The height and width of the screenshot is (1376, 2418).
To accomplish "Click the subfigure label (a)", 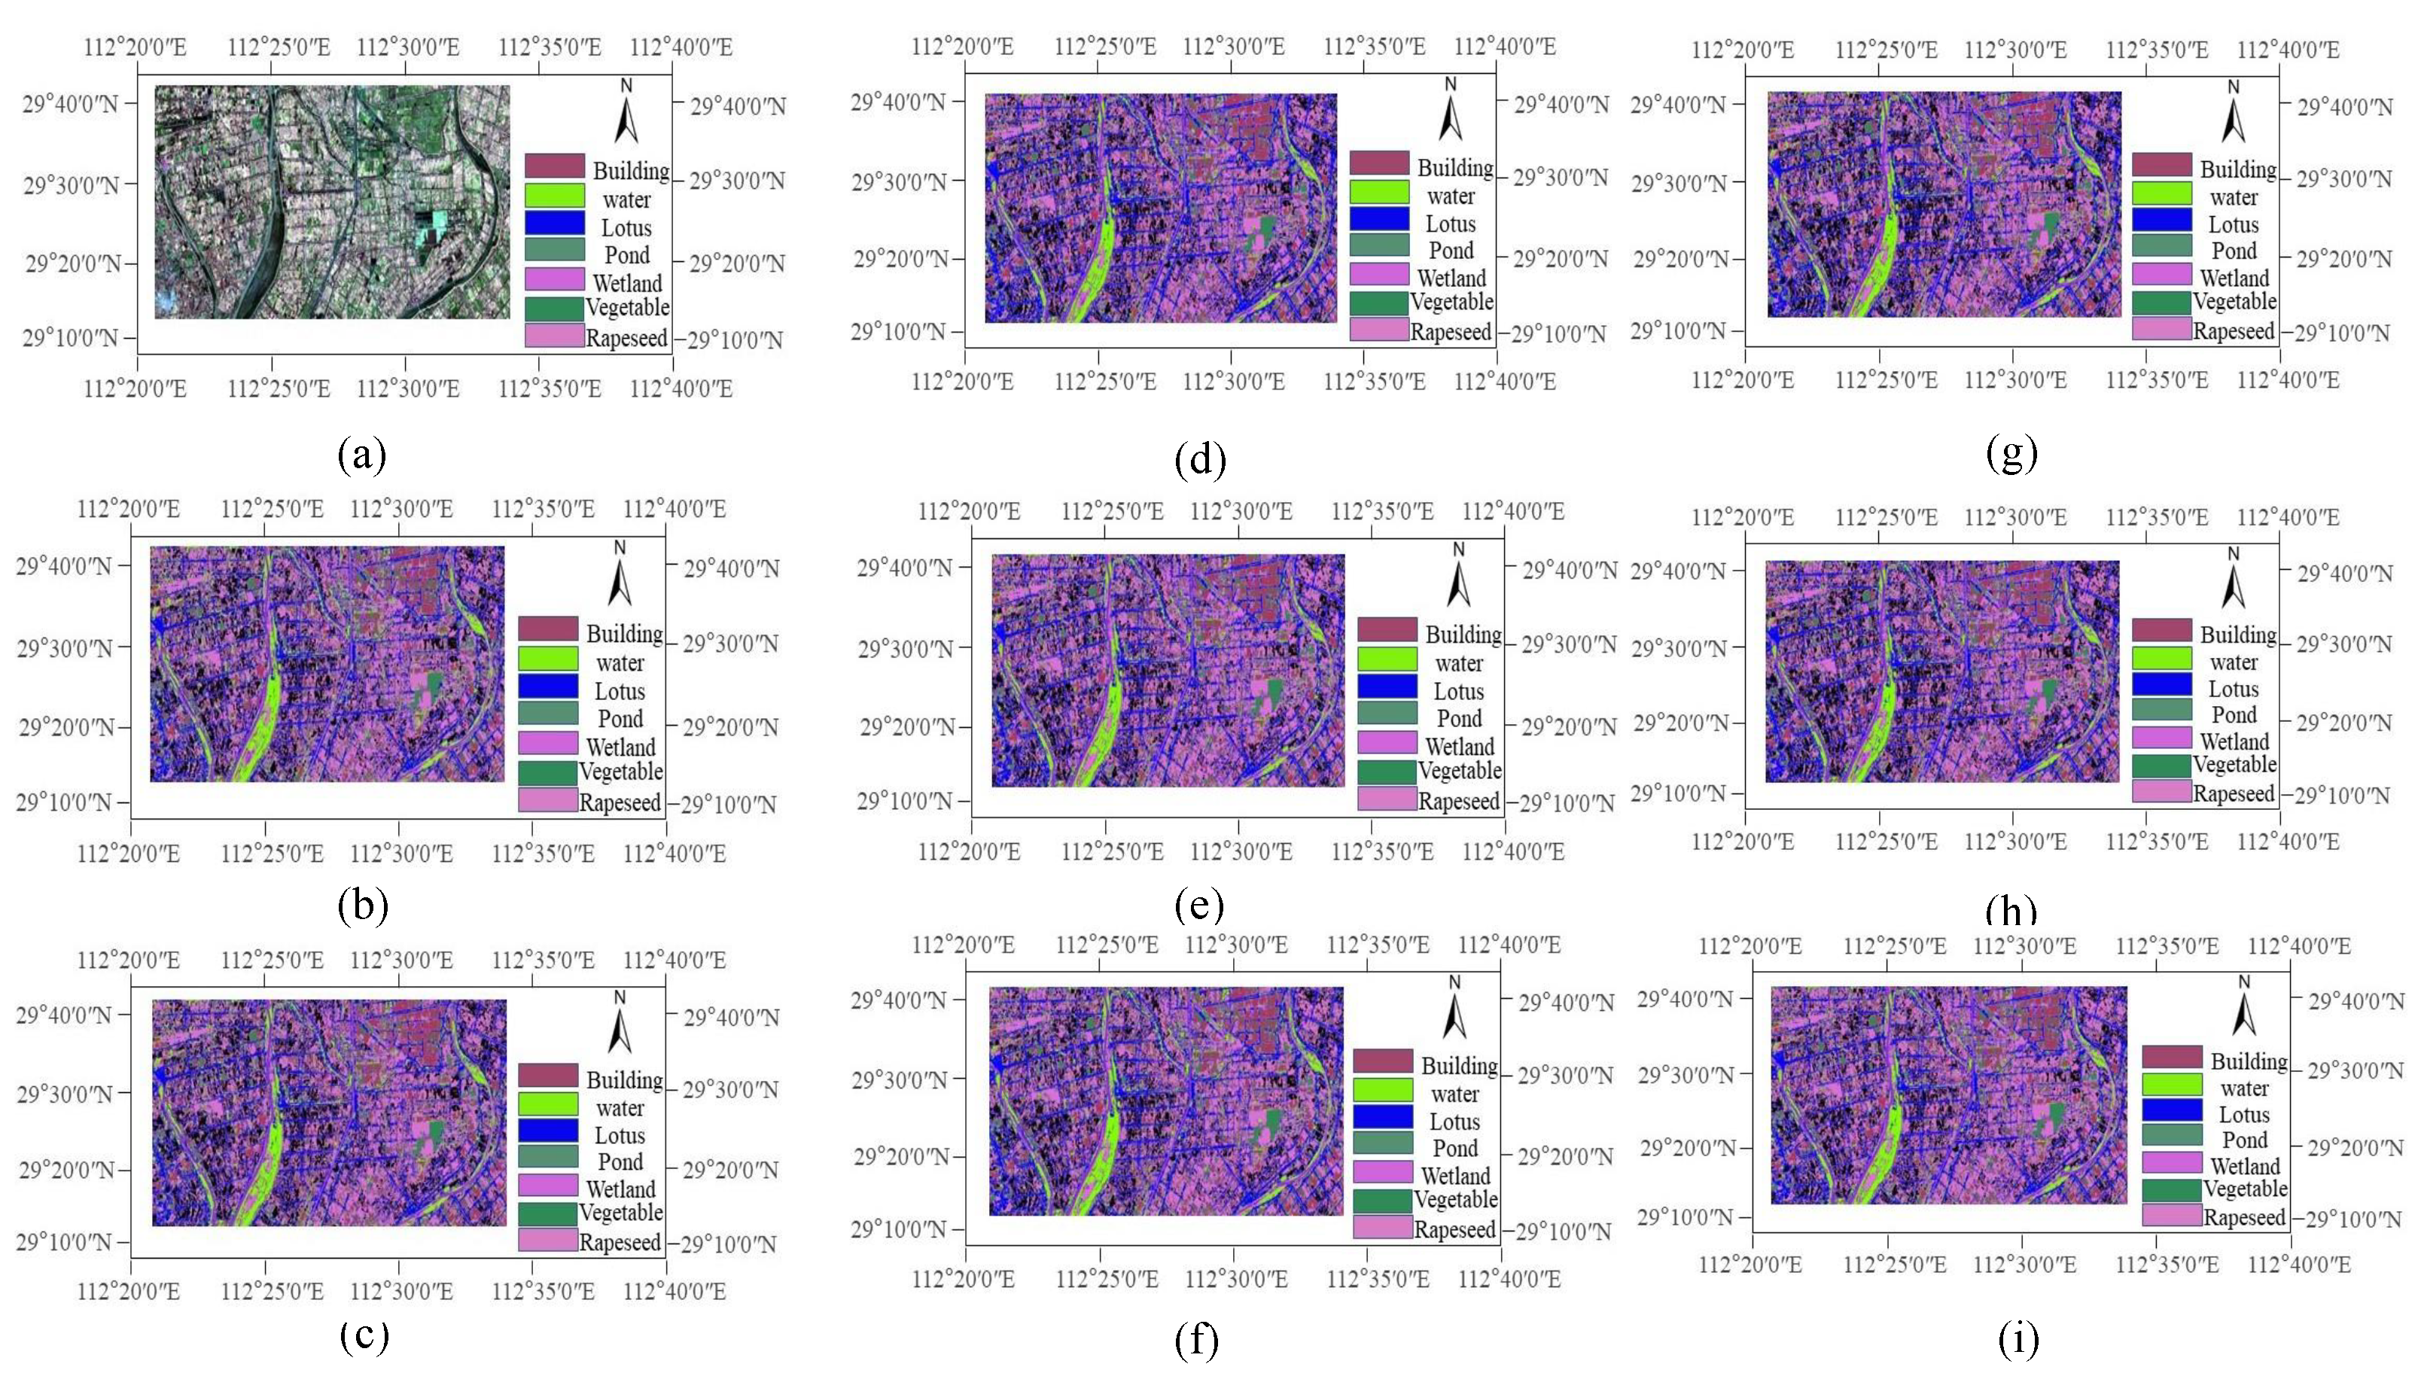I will pos(362,455).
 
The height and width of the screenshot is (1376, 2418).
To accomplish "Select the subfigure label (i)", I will pos(2018,1338).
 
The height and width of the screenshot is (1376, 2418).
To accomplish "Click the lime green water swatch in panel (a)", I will pos(555,196).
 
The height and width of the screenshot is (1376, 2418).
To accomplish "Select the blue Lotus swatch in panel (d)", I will pos(1378,218).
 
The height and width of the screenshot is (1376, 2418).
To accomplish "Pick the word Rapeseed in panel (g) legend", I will pos(2234,332).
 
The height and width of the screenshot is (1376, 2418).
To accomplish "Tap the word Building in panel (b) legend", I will pos(623,633).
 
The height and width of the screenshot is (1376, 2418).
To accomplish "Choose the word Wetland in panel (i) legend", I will pos(2245,1166).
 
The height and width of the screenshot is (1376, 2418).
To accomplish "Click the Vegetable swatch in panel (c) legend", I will pos(547,1213).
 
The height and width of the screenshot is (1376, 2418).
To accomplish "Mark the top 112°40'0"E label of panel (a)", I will pos(681,47).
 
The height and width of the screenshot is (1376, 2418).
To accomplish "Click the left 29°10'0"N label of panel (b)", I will pos(63,802).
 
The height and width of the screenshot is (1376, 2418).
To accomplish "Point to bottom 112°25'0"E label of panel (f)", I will pos(1107,1279).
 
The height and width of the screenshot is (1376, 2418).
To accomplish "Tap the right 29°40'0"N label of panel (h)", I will pos(2344,573).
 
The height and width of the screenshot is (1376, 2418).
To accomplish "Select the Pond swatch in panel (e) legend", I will pos(1387,714).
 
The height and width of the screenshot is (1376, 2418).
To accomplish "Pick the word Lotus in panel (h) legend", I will pos(2233,689).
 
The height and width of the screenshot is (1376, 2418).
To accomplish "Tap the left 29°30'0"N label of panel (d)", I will pos(899,181).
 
